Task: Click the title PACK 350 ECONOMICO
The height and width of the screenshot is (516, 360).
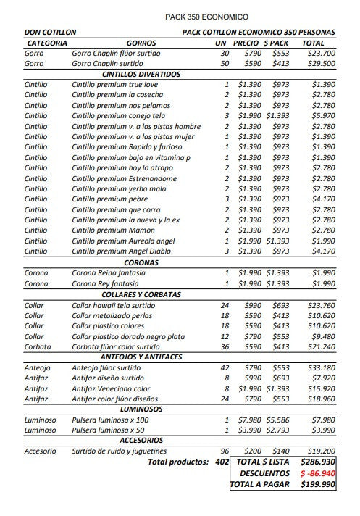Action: tap(206, 17)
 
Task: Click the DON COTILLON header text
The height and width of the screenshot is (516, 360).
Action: tap(50, 33)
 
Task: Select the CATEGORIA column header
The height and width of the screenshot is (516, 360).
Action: tap(46, 43)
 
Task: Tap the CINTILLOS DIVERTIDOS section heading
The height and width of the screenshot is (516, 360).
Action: tap(141, 74)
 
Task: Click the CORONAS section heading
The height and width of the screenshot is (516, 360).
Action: tap(141, 262)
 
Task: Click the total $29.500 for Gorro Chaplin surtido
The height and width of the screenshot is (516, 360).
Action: tap(321, 64)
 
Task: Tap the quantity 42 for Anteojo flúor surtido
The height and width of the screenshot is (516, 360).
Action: tap(225, 367)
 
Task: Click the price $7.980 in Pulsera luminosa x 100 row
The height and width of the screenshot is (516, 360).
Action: tap(251, 420)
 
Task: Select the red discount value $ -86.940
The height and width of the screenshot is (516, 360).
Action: tap(317, 472)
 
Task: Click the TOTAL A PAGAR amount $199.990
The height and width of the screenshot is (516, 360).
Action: tap(318, 484)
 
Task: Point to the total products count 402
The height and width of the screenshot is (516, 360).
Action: tap(222, 461)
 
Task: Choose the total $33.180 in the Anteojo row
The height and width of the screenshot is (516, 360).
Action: tap(321, 367)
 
